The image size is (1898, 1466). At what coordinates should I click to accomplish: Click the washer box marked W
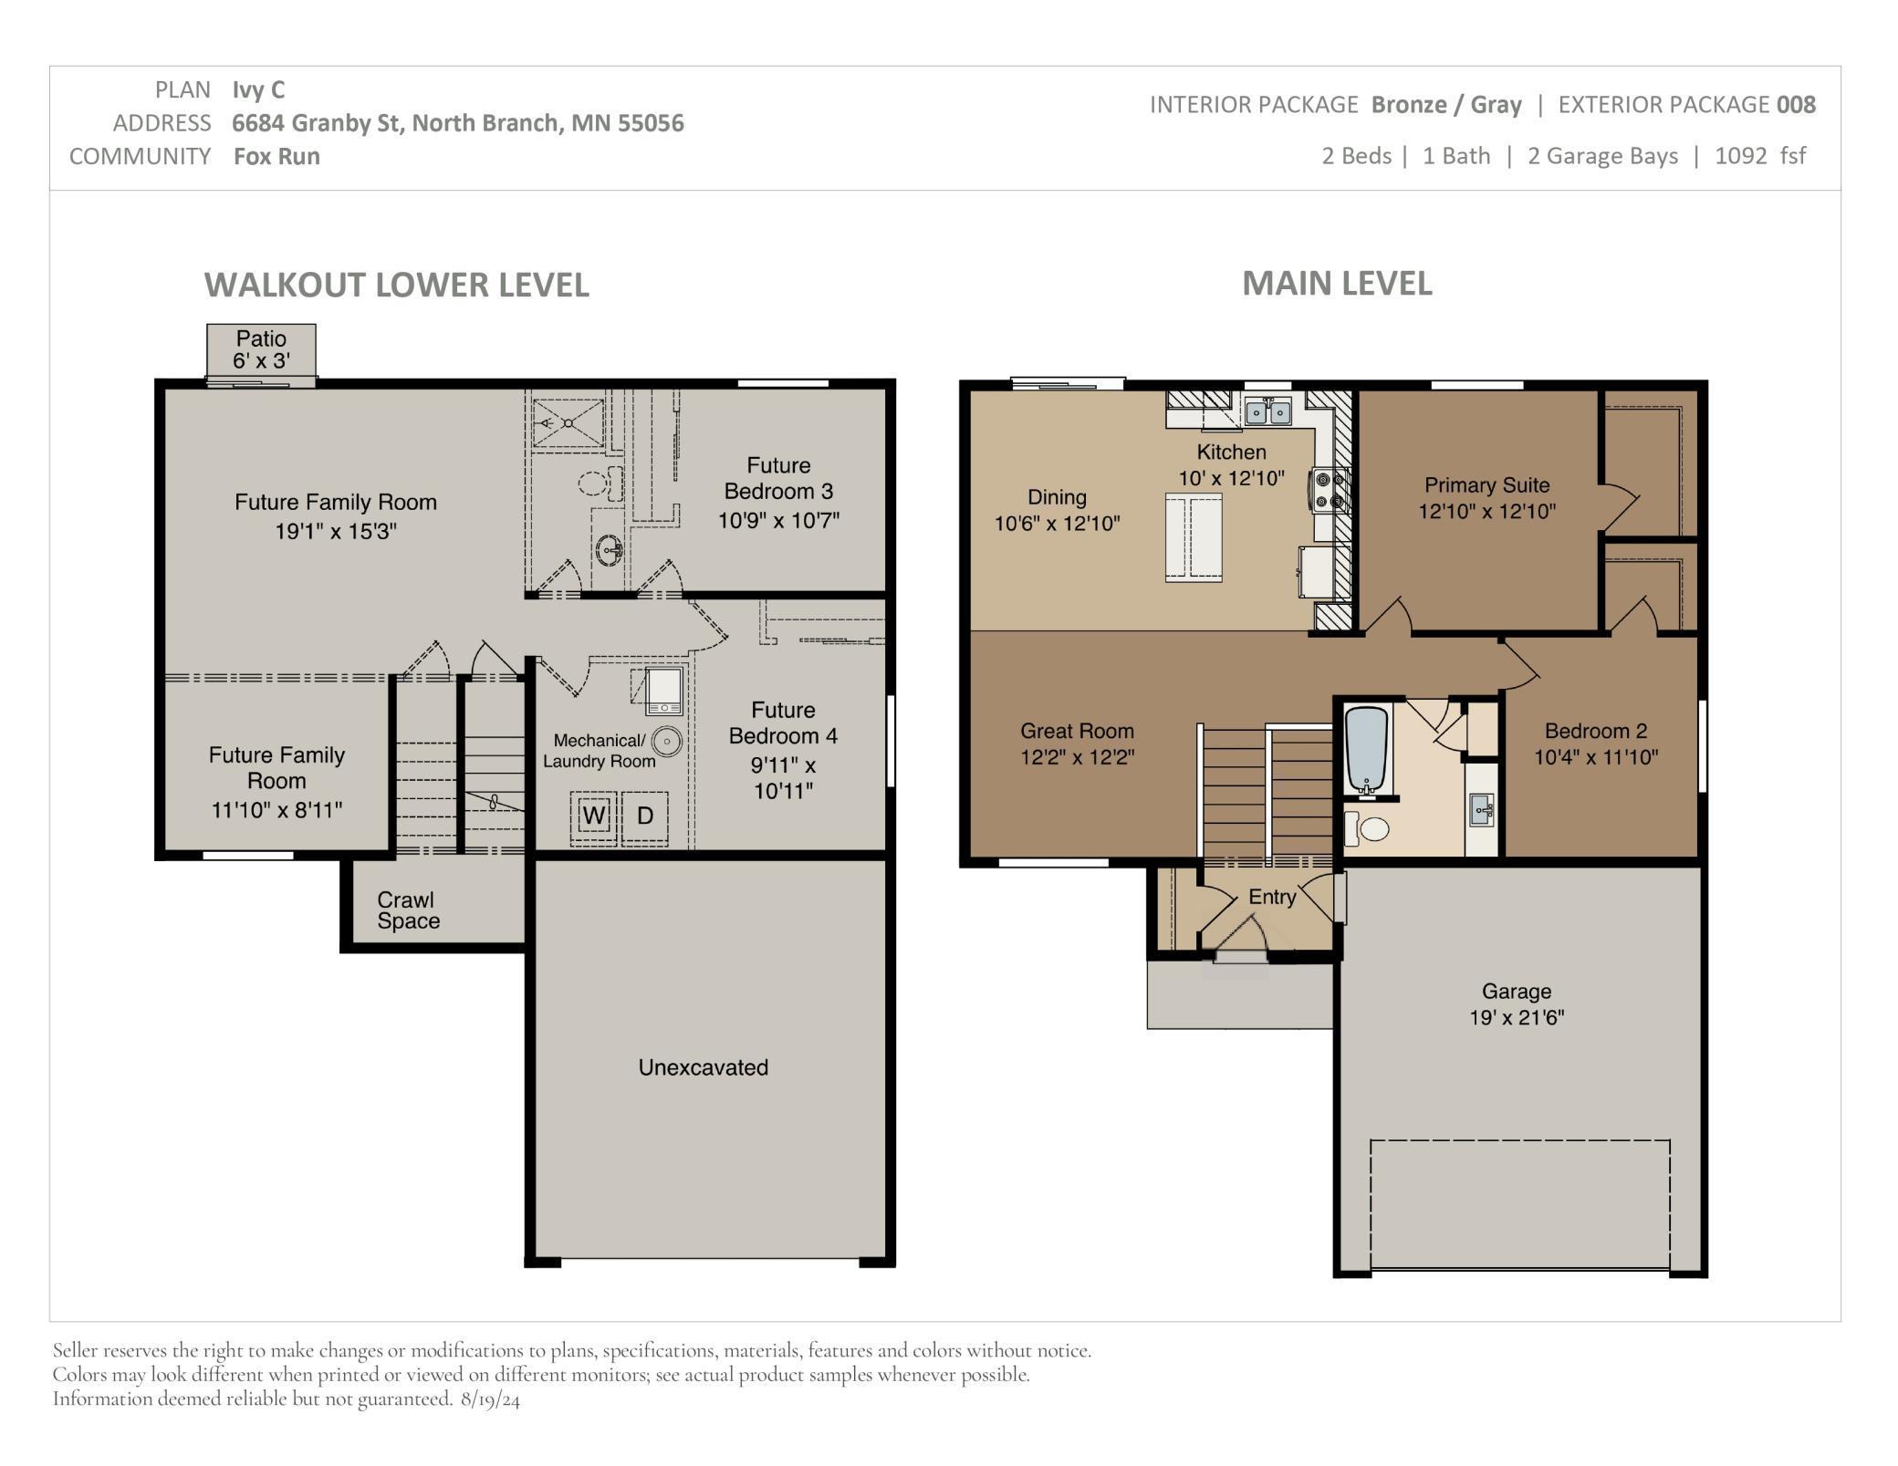coord(594,816)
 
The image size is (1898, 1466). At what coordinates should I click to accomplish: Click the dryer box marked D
coord(645,816)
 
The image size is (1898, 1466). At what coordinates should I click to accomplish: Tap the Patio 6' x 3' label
coord(261,349)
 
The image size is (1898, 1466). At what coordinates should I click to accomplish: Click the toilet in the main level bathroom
coord(1366,828)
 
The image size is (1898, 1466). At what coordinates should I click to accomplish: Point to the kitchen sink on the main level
coord(1268,412)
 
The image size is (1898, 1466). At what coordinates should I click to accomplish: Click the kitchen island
coord(1194,537)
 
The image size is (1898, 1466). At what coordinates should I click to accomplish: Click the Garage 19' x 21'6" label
coord(1517,1003)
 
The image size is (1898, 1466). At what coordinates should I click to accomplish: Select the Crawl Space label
coord(408,910)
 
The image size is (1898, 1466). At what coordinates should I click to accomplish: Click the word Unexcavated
coord(704,1067)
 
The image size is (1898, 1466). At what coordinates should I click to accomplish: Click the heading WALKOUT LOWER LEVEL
coord(397,285)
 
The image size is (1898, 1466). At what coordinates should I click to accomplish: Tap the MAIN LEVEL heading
coord(1337,284)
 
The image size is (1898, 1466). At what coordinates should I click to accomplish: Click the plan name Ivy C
coord(258,89)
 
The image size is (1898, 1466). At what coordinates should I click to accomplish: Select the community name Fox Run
coord(276,156)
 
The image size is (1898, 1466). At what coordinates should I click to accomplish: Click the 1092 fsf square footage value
coord(1760,156)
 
